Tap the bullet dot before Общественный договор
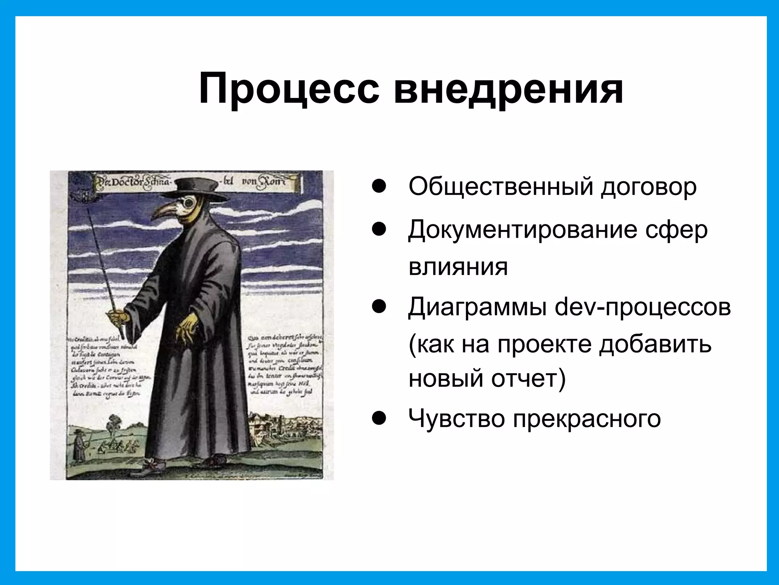coord(379,187)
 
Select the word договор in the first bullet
coord(649,187)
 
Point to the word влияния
coord(458,266)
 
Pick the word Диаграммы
coord(477,307)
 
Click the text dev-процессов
coord(643,307)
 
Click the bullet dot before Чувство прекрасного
coord(379,419)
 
